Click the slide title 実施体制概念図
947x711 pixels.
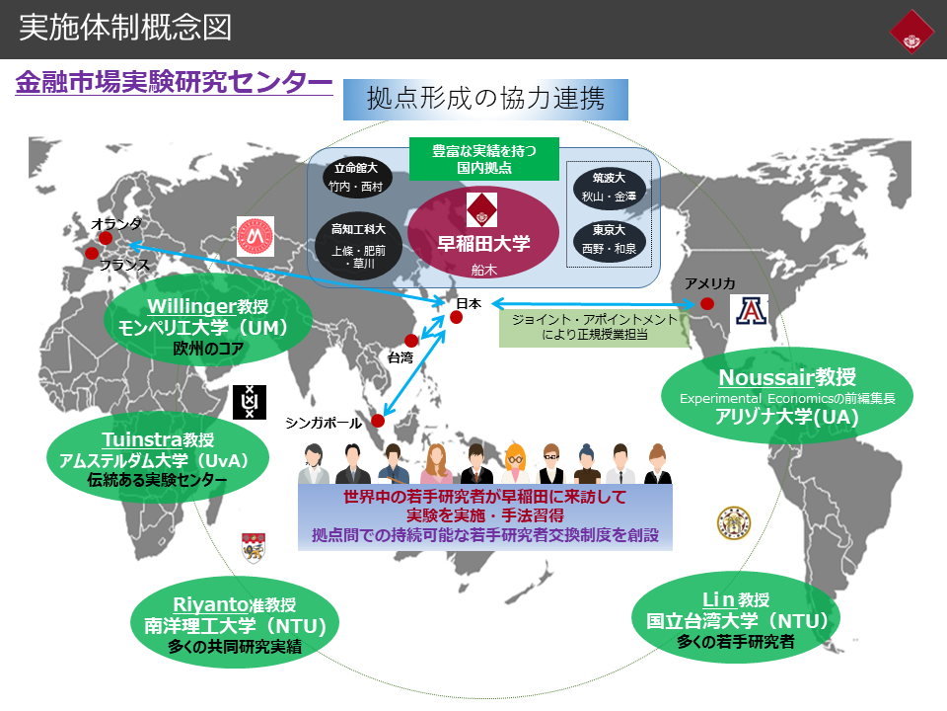[x=125, y=27]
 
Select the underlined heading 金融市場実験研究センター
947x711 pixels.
[x=174, y=83]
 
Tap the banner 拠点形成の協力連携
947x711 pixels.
[x=484, y=99]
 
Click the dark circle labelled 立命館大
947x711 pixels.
[x=358, y=176]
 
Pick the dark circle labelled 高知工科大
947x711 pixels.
[x=358, y=244]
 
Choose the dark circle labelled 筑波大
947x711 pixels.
[x=608, y=187]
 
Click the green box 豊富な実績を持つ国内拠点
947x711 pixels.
[x=484, y=159]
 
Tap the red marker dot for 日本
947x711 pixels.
[x=456, y=318]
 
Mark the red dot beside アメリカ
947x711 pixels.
[x=707, y=303]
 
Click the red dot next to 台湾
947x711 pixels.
[x=411, y=341]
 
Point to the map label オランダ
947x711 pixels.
[x=116, y=223]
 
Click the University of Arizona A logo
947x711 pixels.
[x=750, y=311]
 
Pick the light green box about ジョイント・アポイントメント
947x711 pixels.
[x=594, y=327]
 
